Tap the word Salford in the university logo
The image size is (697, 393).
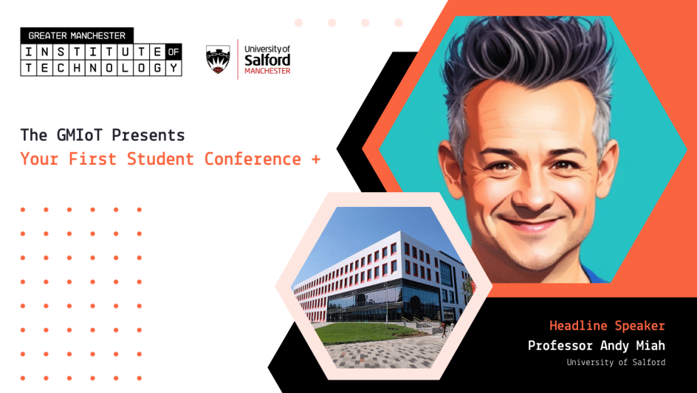tap(267, 61)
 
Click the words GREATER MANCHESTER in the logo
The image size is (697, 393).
tap(77, 35)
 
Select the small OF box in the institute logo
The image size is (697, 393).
tap(174, 52)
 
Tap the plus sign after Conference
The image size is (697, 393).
tap(316, 159)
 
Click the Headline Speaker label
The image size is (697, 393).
tap(607, 326)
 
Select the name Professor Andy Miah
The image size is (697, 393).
tap(597, 346)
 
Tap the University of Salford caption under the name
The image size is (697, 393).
tap(616, 363)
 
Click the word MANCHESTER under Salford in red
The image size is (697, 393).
tap(267, 72)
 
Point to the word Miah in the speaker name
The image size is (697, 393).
tap(650, 346)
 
